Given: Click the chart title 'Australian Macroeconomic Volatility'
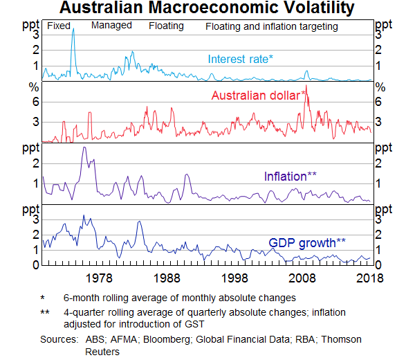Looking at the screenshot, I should [x=207, y=9].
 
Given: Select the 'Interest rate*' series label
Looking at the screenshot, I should [x=241, y=59].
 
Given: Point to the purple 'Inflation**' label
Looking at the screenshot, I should [x=290, y=176].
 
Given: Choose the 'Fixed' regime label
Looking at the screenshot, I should [x=59, y=26].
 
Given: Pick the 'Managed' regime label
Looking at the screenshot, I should [x=111, y=26].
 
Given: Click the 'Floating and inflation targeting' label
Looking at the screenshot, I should [x=272, y=27].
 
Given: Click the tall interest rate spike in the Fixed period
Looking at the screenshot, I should [x=73, y=30].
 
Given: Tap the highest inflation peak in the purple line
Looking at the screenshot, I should [x=84, y=147].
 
